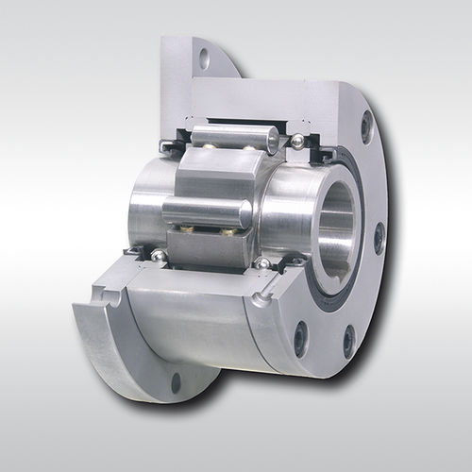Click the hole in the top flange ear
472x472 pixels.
coord(204,59)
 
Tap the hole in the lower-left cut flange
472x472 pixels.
coord(177,382)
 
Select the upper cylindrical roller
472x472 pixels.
coord(231,139)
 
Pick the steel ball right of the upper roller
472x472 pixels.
coord(297,141)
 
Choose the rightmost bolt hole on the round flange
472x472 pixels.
coord(379,238)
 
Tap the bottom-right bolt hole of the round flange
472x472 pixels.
coord(348,339)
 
